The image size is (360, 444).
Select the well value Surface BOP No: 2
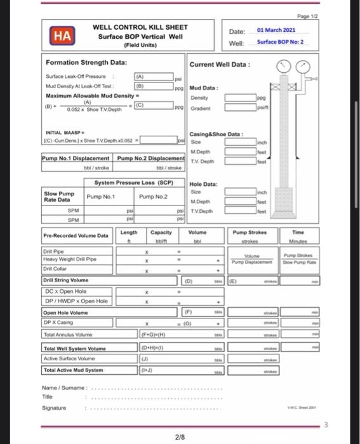280,42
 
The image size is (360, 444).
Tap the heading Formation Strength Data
86,63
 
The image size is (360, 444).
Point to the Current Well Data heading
220,65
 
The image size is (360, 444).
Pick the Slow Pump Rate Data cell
60,197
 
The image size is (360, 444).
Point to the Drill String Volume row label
66,279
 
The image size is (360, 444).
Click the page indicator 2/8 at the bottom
180,437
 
